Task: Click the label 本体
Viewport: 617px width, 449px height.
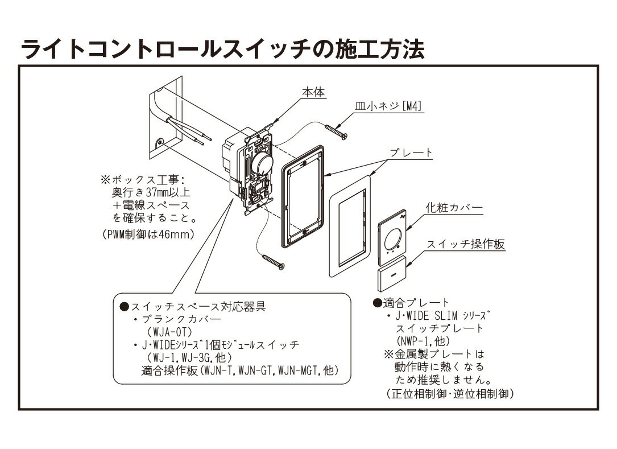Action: pyautogui.click(x=313, y=92)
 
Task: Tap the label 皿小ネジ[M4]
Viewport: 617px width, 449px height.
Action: pyautogui.click(x=393, y=106)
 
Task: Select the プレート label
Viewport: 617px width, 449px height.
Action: pyautogui.click(x=411, y=153)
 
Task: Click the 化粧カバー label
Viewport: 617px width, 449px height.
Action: pyautogui.click(x=454, y=208)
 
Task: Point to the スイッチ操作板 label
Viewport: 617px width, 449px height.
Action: pyautogui.click(x=466, y=245)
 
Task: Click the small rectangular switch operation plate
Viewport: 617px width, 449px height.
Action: pyautogui.click(x=392, y=274)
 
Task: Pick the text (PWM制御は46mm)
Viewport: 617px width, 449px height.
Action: pyautogui.click(x=148, y=234)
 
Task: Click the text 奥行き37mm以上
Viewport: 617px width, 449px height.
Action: pyautogui.click(x=148, y=193)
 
